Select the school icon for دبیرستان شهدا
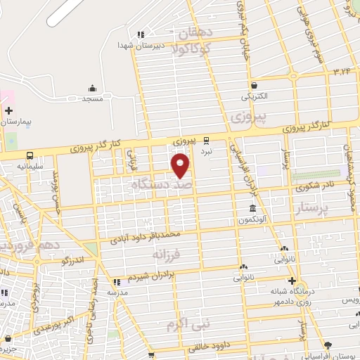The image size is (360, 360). pyautogui.click(x=141, y=34)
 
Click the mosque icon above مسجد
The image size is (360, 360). pyautogui.click(x=92, y=89)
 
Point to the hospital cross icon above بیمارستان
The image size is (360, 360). pyautogui.click(x=8, y=110)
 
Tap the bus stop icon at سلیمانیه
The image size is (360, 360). pyautogui.click(x=30, y=155)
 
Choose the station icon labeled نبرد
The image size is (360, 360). pyautogui.click(x=207, y=140)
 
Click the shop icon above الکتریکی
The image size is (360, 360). pyautogui.click(x=254, y=84)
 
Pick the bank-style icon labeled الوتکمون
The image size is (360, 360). pyautogui.click(x=253, y=208)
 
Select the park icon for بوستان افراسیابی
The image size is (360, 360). pyautogui.click(x=328, y=345)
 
